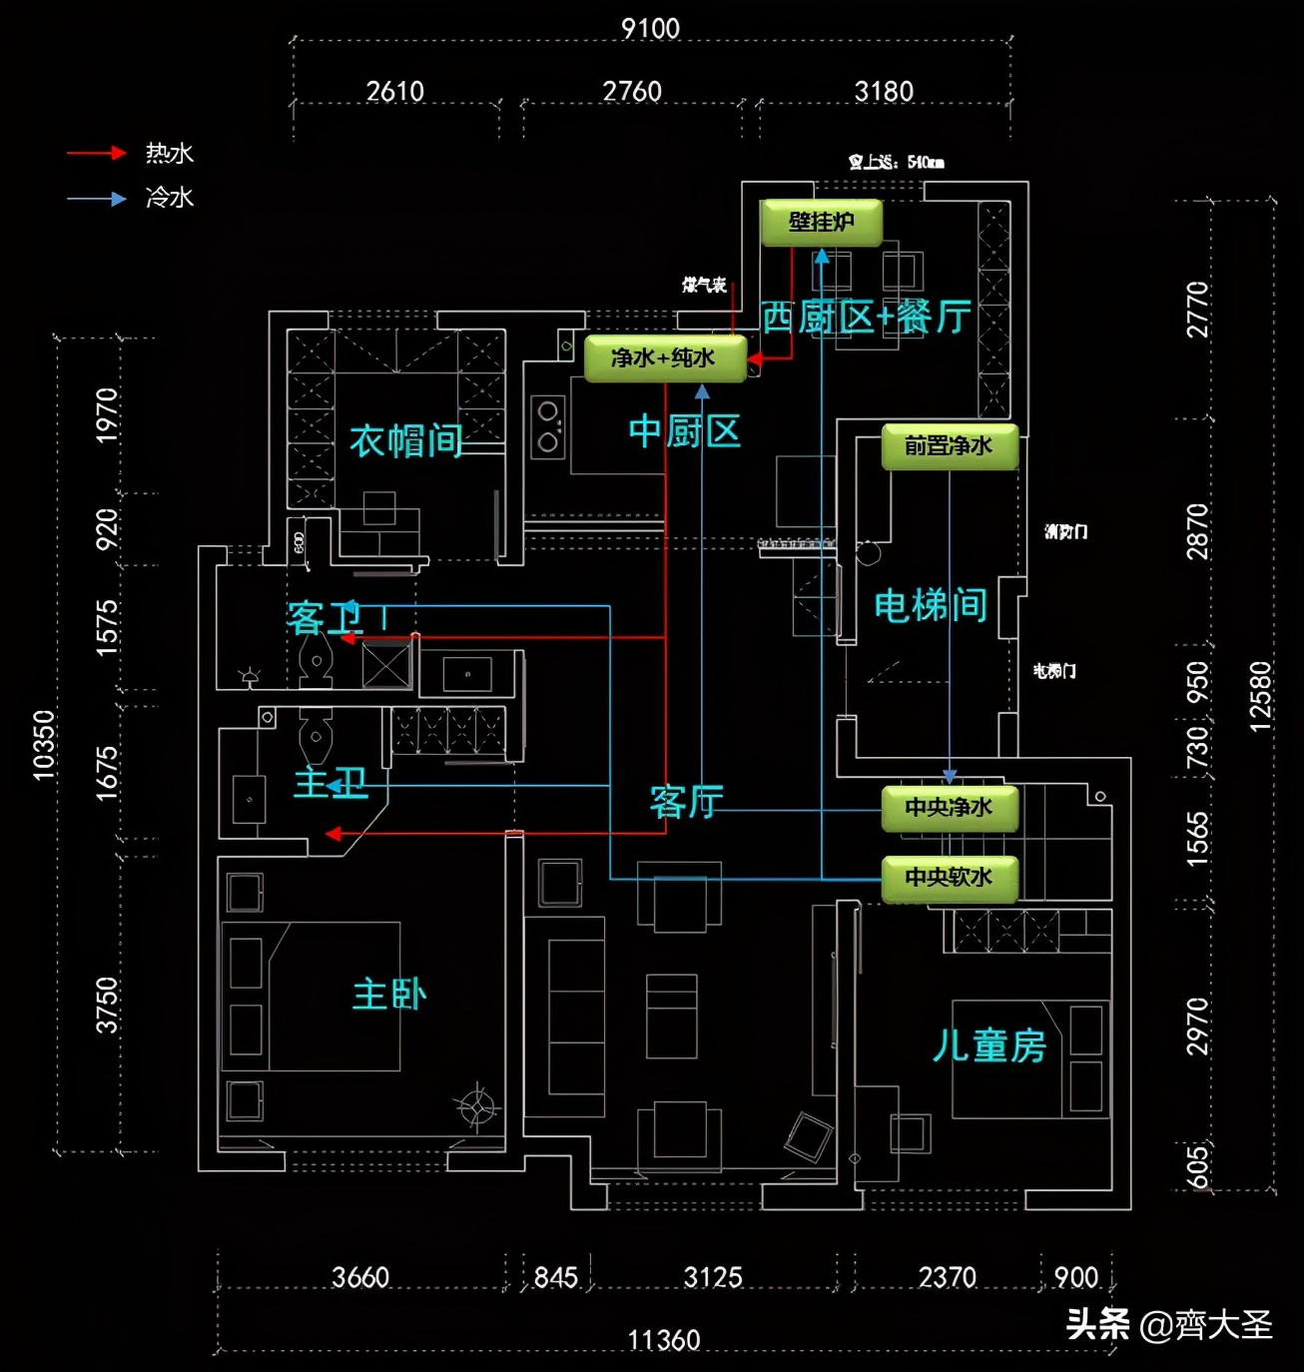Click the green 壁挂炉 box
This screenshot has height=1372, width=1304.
coord(821,223)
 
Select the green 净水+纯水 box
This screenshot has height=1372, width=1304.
coord(664,358)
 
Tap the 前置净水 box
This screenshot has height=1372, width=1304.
coord(949,446)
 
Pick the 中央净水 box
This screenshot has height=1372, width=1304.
coord(949,808)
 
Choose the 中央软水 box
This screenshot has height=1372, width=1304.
coord(949,878)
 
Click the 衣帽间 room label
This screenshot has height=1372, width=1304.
coord(405,440)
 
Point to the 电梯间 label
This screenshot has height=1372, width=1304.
coord(931,605)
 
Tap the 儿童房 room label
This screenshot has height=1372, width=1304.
coord(988,1045)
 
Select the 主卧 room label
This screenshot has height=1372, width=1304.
coord(389,995)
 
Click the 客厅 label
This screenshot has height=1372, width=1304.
coord(687,801)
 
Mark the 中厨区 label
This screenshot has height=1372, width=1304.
coord(685,431)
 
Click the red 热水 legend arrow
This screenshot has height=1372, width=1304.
coord(96,153)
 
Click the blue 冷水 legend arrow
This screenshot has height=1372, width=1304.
coord(96,199)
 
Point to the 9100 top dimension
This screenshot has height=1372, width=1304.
coord(650,28)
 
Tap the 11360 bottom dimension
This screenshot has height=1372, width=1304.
coord(664,1340)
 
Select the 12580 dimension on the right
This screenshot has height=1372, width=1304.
coord(1260,696)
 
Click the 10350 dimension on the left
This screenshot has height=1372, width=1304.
coord(43,745)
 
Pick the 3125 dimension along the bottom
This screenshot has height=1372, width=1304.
coord(713,1277)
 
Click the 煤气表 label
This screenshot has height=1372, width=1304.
coord(704,286)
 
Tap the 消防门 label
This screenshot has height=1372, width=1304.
coord(1065,531)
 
